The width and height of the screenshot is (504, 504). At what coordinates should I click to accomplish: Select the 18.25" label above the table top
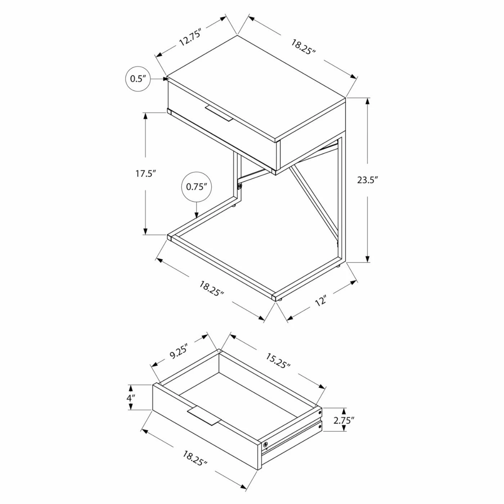(x=303, y=47)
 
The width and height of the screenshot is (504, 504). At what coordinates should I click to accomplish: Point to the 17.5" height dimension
(x=145, y=174)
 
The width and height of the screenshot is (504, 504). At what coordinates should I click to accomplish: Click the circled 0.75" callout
(x=197, y=187)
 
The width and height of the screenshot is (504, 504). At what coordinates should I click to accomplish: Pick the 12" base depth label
(x=321, y=301)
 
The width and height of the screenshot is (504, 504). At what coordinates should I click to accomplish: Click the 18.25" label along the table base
(x=212, y=288)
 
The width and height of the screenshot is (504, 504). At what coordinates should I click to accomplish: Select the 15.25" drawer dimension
(x=278, y=361)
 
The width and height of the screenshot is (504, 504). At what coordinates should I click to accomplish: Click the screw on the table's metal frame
(x=239, y=186)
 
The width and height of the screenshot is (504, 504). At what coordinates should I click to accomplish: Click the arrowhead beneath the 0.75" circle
(x=197, y=215)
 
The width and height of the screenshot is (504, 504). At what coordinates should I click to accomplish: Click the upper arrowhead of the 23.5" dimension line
(x=367, y=101)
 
